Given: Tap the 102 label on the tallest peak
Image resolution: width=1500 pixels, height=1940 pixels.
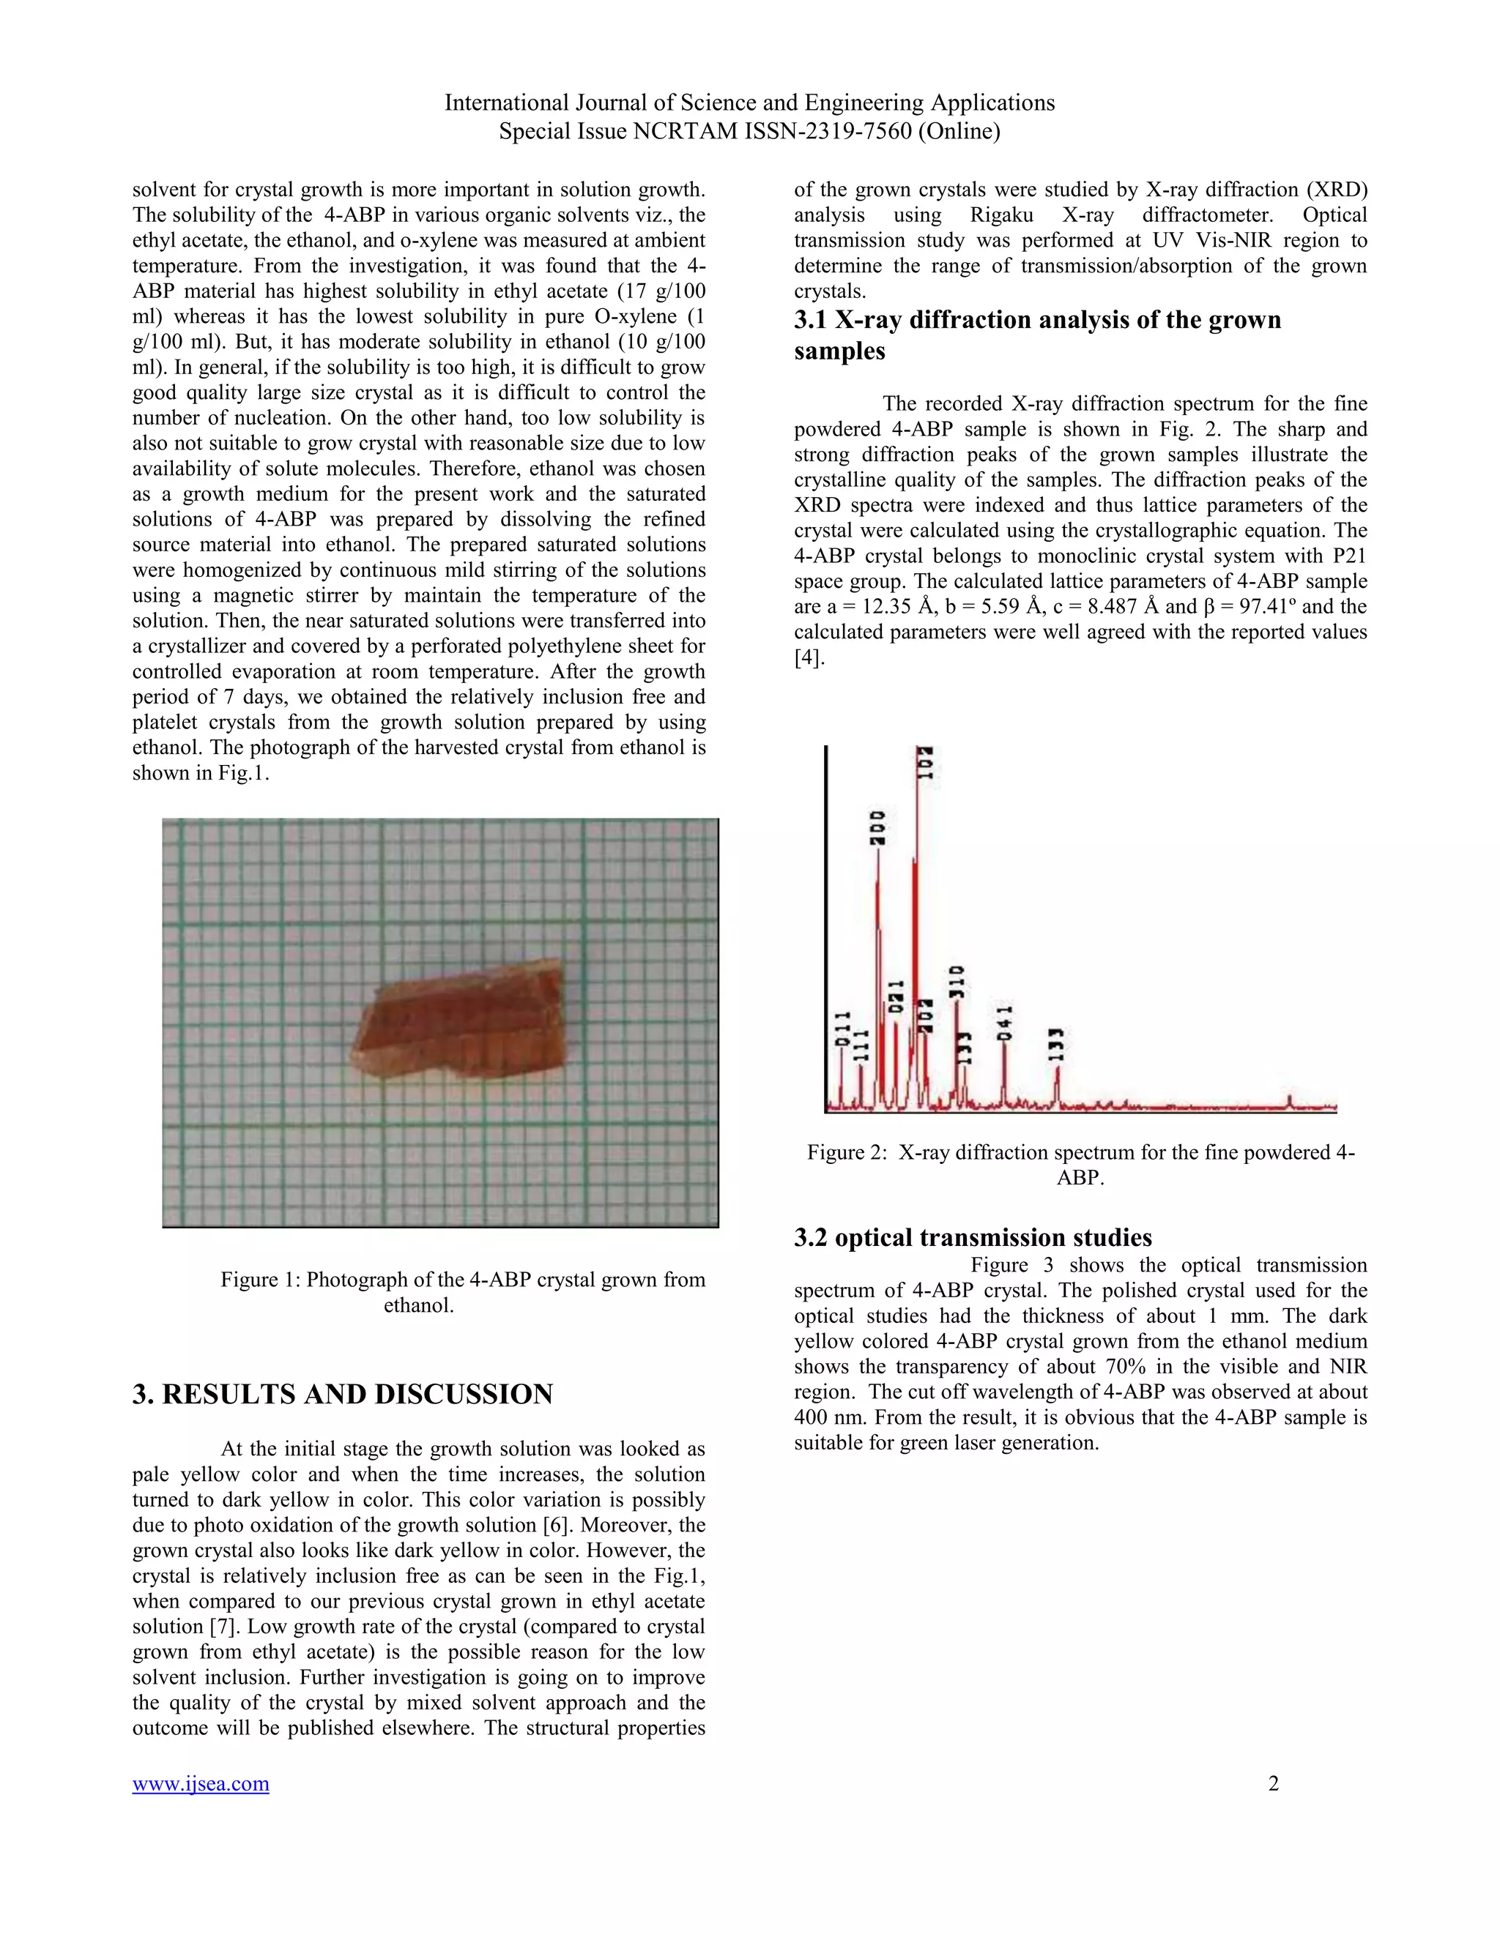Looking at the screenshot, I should point(925,764).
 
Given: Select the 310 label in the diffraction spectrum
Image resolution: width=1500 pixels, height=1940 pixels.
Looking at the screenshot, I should point(957,982).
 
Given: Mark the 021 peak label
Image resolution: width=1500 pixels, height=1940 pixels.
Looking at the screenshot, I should point(896,996).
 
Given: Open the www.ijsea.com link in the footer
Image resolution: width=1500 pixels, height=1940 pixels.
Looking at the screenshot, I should point(201,1783).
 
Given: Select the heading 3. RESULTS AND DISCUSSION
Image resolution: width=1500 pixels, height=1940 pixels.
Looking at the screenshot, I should point(343,1394).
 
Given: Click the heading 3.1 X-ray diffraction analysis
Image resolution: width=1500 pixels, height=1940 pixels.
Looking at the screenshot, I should point(1037,334).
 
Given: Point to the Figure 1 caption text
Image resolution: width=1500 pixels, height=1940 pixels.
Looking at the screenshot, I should point(463,1291).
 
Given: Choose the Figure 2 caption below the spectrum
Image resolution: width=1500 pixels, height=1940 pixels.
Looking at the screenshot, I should point(1080,1165).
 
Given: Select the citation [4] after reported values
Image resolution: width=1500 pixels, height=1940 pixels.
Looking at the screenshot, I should point(809,658).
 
